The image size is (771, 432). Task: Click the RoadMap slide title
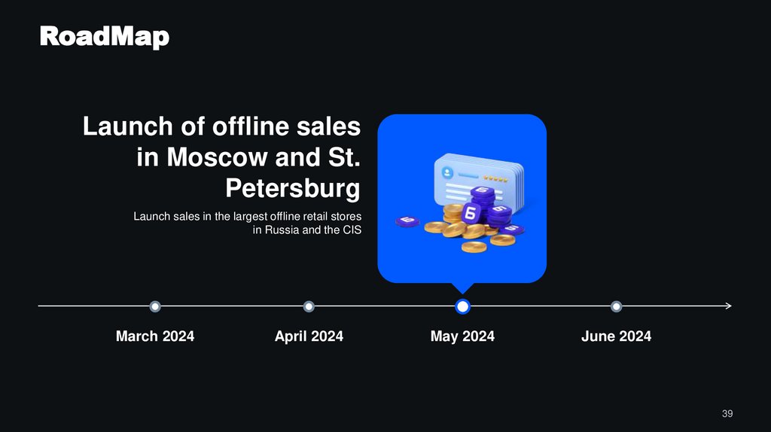[105, 36]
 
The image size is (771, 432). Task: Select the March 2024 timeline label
[155, 336]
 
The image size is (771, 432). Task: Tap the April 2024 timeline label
[309, 336]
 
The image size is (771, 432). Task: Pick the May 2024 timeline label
[462, 336]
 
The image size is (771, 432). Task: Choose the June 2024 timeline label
[616, 336]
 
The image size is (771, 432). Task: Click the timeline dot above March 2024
[155, 306]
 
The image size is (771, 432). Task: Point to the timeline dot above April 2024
[309, 306]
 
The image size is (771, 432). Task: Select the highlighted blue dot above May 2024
[463, 306]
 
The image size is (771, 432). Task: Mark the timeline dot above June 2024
[617, 306]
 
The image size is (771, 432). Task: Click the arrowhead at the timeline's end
[728, 306]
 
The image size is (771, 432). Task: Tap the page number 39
[727, 414]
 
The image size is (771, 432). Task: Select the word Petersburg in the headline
[293, 188]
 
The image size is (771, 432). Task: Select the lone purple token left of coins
[407, 221]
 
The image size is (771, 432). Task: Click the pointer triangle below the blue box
[462, 288]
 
